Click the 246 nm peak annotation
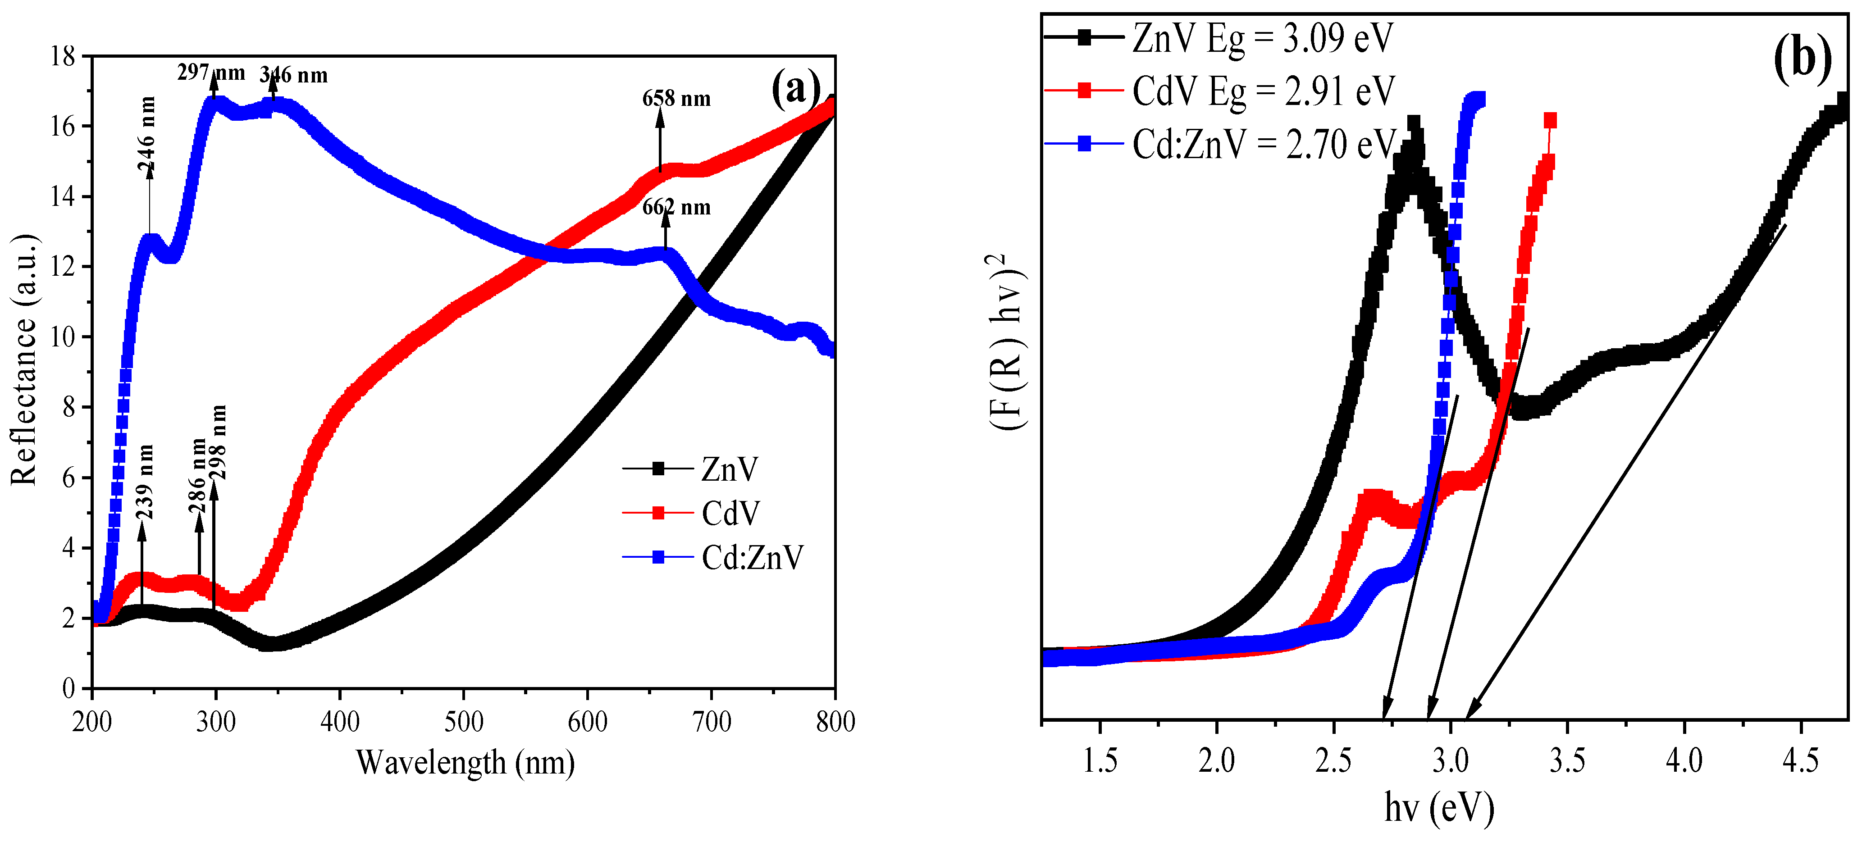[147, 134]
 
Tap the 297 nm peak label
[210, 72]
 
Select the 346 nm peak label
[293, 75]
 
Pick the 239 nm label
[145, 482]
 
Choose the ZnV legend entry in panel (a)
[729, 469]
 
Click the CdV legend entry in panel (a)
[730, 513]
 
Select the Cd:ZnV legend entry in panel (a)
[752, 557]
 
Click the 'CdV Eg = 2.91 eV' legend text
[1263, 91]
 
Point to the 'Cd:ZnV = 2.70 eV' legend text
[1263, 144]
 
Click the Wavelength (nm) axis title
[465, 763]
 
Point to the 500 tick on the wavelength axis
[463, 721]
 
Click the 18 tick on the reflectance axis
[63, 56]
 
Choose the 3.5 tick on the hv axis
[1567, 760]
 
